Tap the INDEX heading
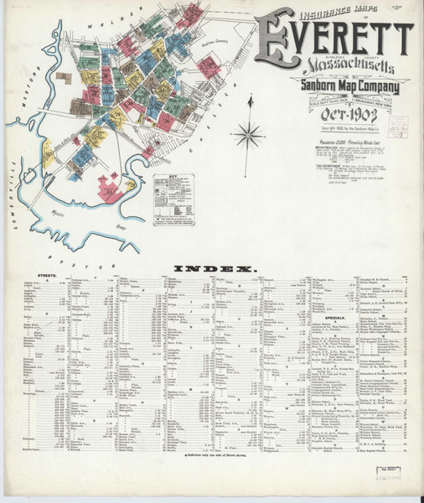click(213, 268)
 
